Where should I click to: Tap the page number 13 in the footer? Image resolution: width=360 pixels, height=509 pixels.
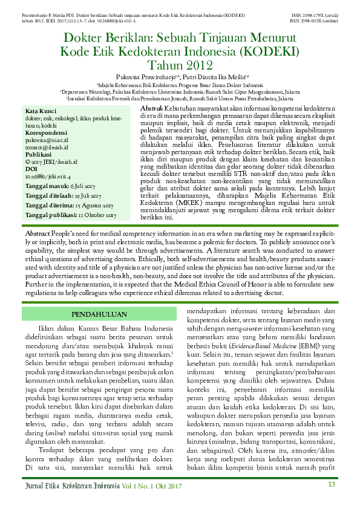point(331,484)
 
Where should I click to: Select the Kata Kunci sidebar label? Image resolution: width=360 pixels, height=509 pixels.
point(41,111)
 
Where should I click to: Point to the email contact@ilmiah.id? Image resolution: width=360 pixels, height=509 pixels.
point(47,147)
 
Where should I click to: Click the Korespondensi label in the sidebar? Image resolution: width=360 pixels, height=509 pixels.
point(46,132)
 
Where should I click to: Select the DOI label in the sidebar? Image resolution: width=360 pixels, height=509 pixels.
point(31,169)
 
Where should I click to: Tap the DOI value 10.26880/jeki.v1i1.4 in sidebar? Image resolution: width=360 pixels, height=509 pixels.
point(48,176)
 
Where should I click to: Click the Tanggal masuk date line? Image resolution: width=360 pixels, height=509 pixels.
point(60,186)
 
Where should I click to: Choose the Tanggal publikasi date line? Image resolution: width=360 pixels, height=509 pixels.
point(70,215)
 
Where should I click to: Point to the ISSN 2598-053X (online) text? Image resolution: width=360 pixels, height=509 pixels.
point(313,20)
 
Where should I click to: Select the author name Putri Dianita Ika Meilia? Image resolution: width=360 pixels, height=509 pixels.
point(203,77)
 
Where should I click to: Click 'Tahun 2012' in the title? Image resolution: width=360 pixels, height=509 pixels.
point(180,65)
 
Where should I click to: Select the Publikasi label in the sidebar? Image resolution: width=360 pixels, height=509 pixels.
point(38,154)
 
